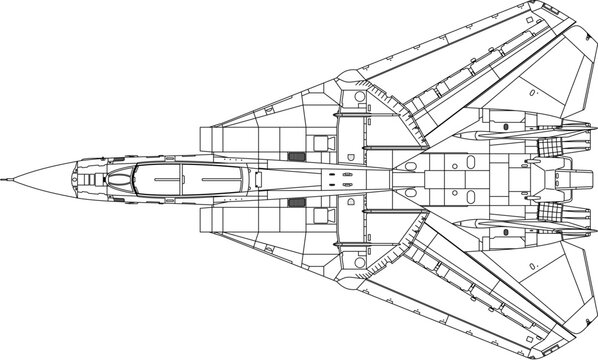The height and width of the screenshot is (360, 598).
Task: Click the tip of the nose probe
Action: [4, 179]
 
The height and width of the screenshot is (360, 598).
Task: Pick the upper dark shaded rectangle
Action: [295, 157]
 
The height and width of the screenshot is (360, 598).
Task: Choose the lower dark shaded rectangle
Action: [295, 203]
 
